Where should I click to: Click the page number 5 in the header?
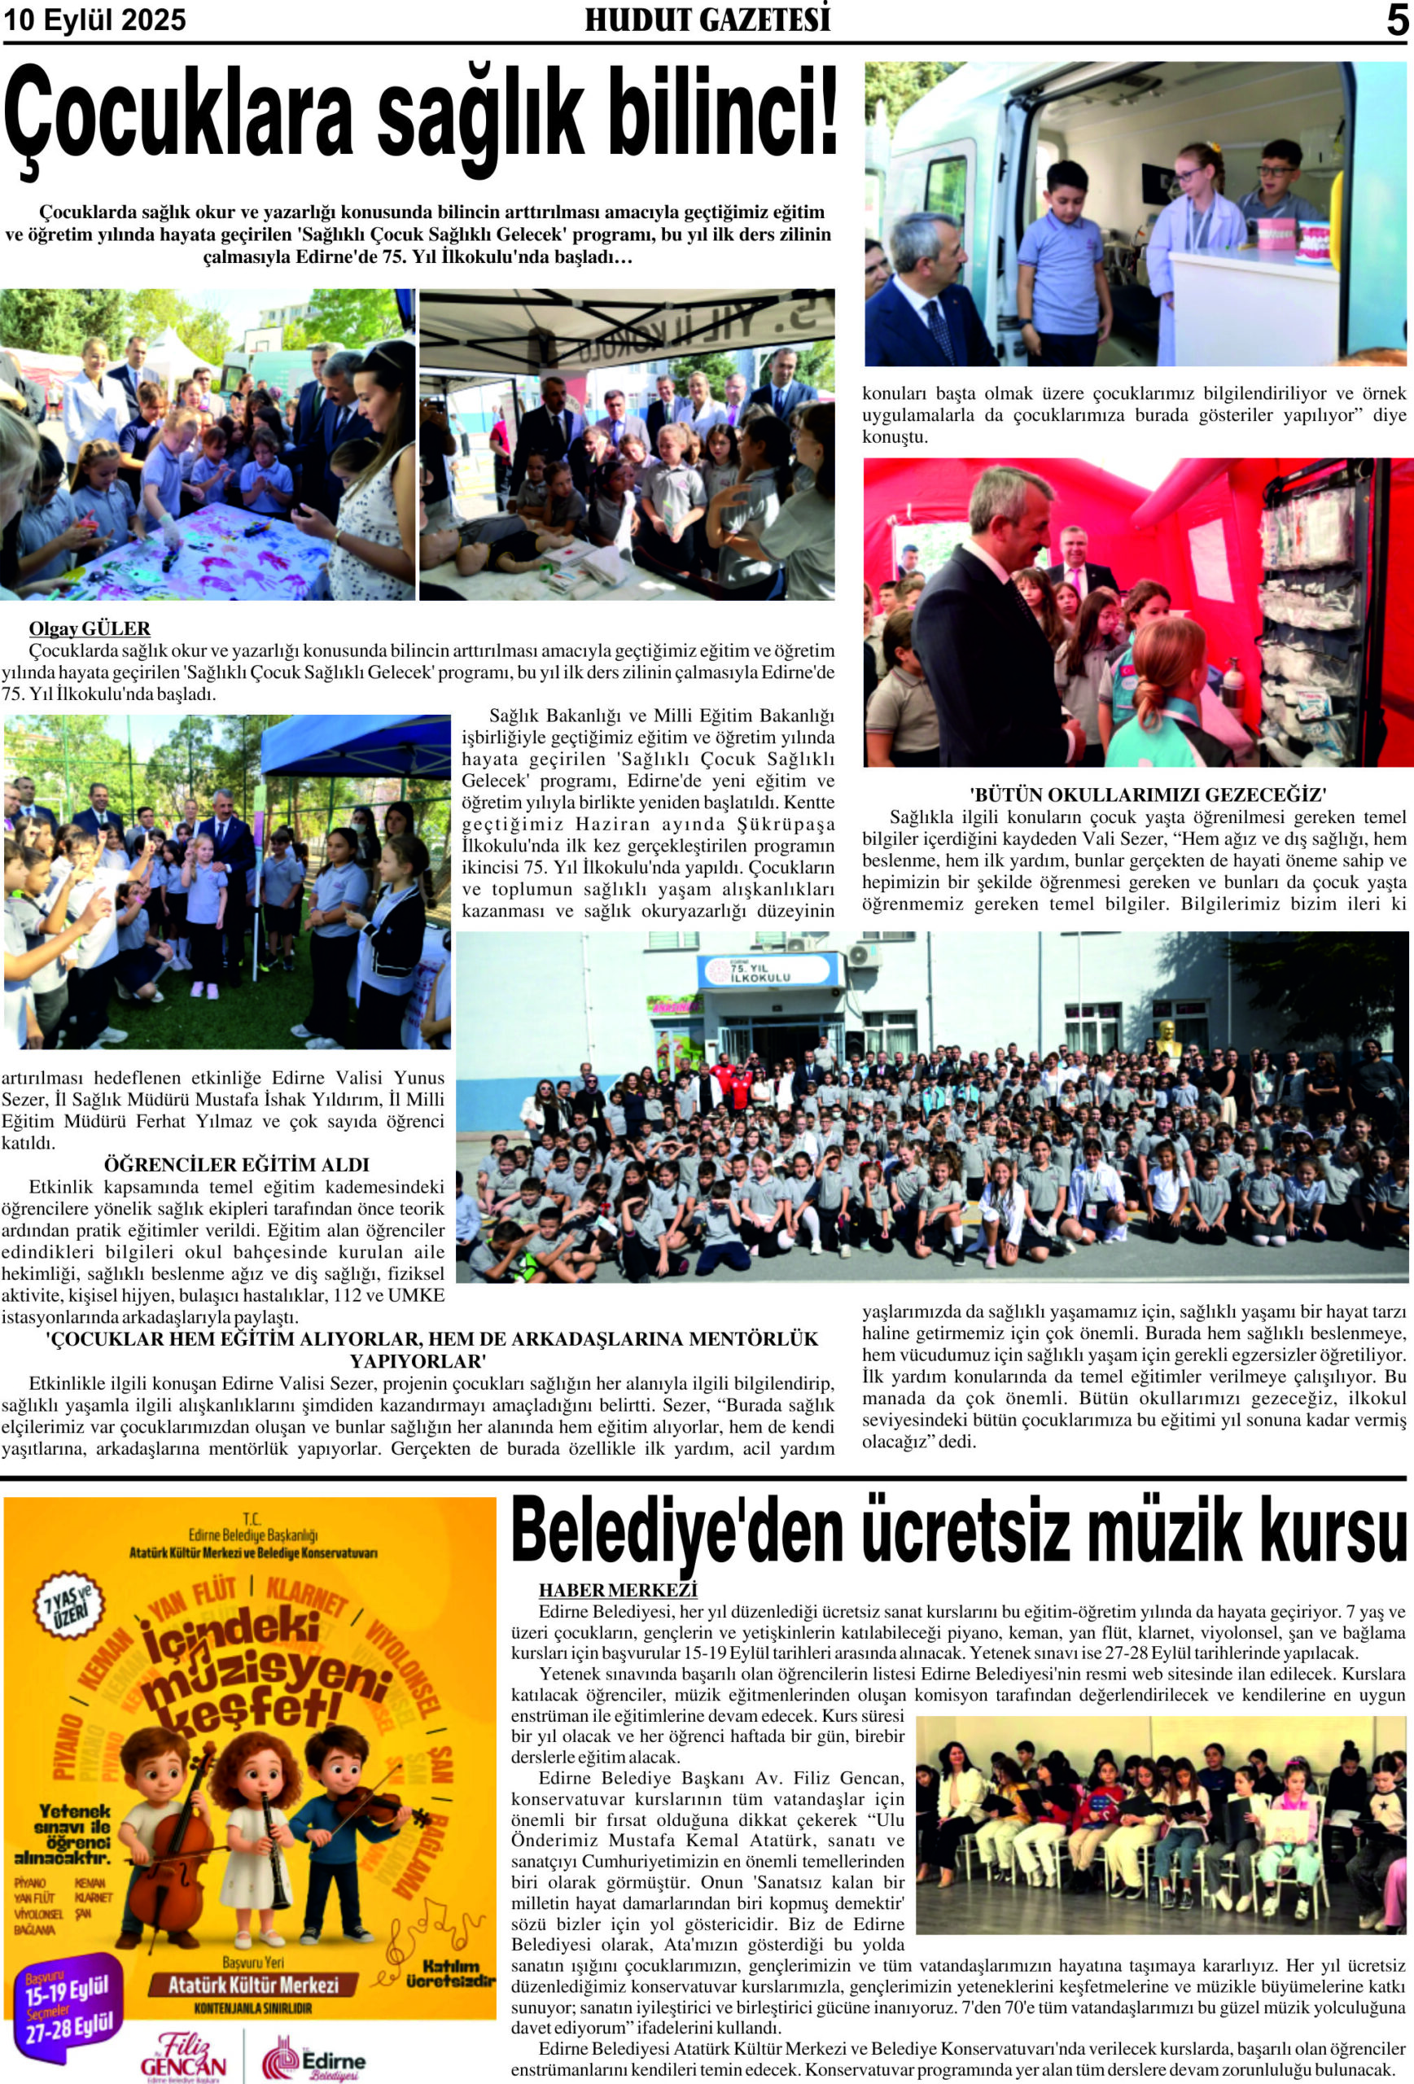[1397, 20]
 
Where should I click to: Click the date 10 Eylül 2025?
[95, 20]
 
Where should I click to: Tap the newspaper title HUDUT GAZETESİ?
[707, 20]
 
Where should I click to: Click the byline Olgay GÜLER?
[90, 628]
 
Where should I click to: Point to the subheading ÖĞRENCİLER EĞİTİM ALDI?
[237, 1165]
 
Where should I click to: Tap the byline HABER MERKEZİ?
[618, 1591]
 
